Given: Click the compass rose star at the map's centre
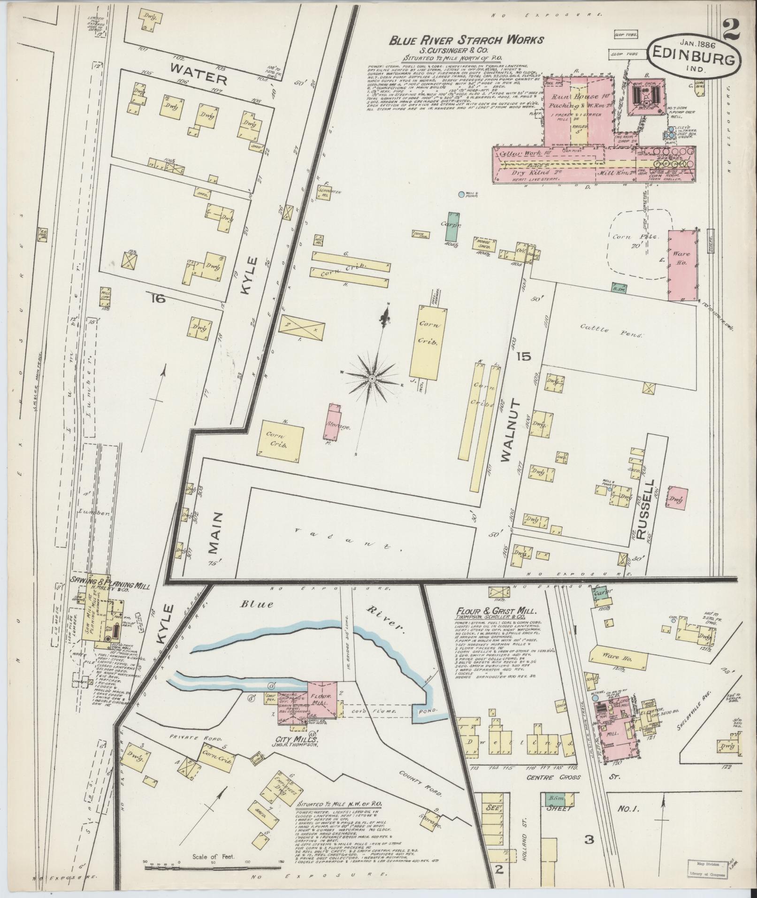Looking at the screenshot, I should click(x=372, y=378).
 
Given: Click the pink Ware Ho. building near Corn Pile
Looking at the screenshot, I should click(x=681, y=265).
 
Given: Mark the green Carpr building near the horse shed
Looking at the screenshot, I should click(x=453, y=227).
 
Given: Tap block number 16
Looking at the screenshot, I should click(x=158, y=298).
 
